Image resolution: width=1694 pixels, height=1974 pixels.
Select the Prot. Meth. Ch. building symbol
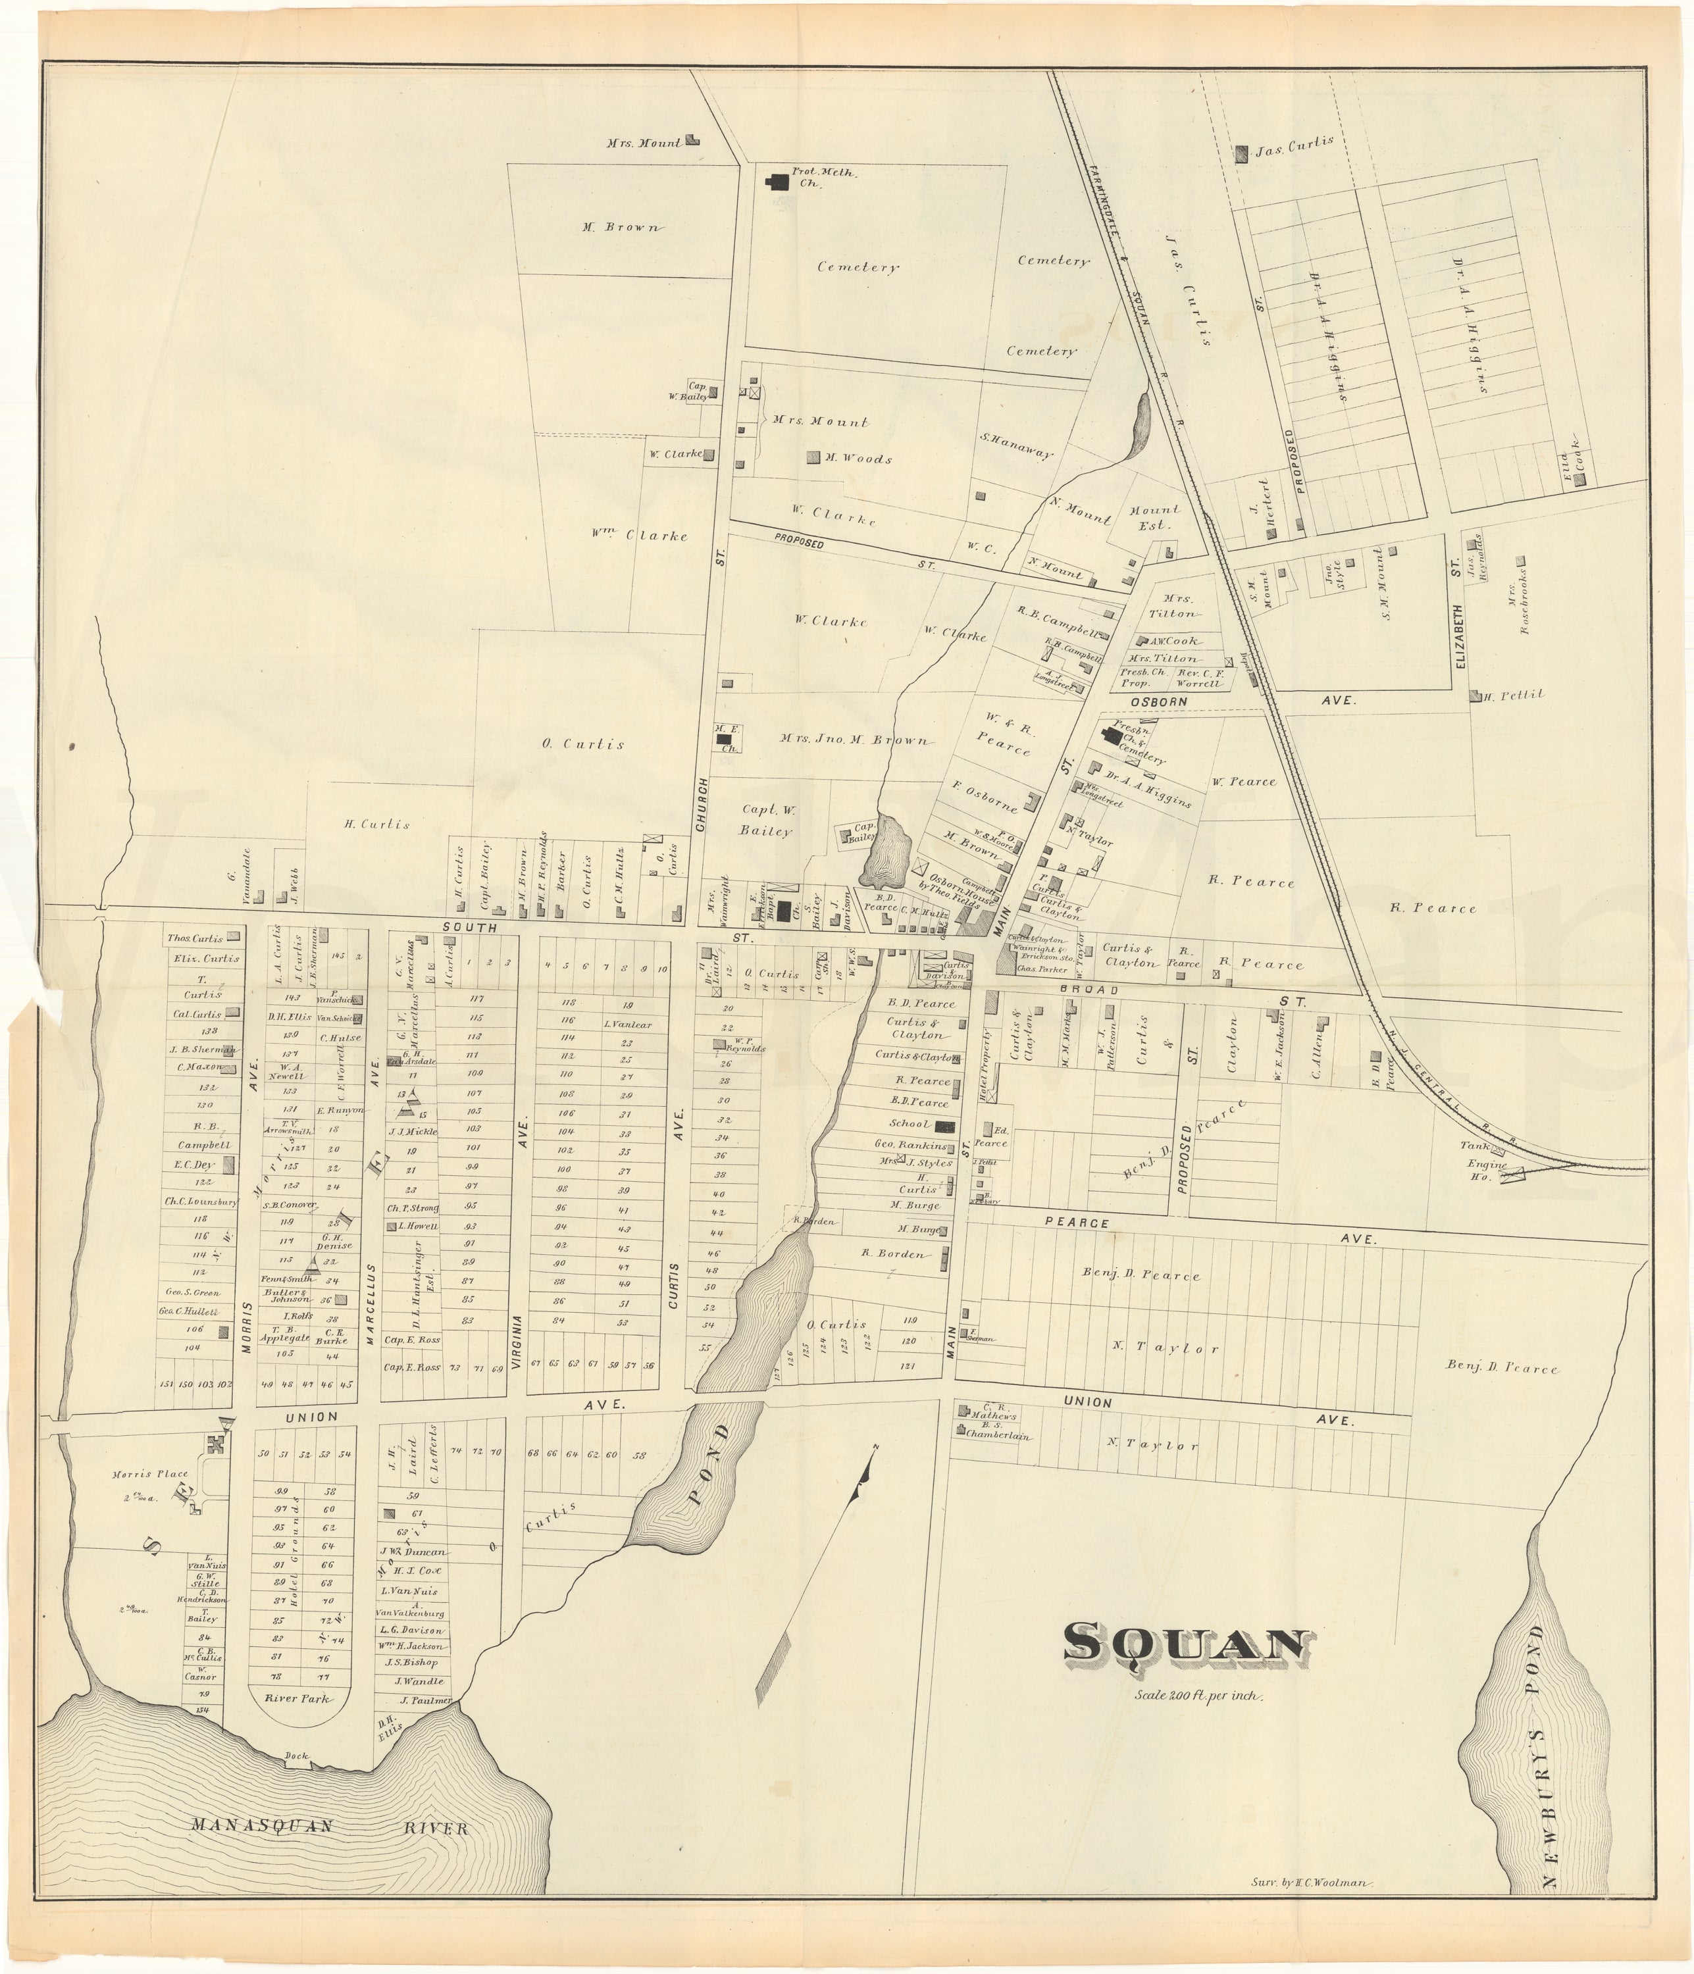click(779, 179)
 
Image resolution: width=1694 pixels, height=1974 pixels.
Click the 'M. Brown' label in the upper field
click(621, 228)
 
